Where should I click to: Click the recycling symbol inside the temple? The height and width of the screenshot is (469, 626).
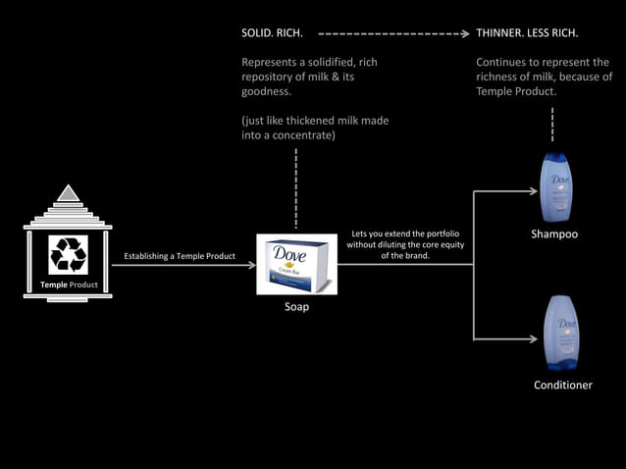click(69, 253)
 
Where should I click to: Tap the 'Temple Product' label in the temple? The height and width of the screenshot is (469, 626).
click(68, 286)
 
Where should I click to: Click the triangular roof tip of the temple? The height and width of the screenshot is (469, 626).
click(68, 192)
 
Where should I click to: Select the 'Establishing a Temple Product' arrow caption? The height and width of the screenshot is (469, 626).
click(180, 257)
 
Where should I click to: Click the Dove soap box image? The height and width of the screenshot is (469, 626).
click(296, 264)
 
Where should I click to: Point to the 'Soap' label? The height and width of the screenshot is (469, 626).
click(296, 307)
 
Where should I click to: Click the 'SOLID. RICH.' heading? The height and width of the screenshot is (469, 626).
click(272, 33)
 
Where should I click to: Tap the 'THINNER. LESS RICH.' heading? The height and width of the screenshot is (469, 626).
click(527, 33)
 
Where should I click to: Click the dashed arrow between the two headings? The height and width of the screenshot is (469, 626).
click(392, 33)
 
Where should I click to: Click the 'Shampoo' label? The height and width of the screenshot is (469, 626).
click(554, 234)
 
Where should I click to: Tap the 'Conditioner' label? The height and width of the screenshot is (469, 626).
click(562, 385)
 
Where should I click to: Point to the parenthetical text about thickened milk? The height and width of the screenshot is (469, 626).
click(314, 128)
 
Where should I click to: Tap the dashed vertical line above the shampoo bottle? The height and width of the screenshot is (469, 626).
click(553, 125)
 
